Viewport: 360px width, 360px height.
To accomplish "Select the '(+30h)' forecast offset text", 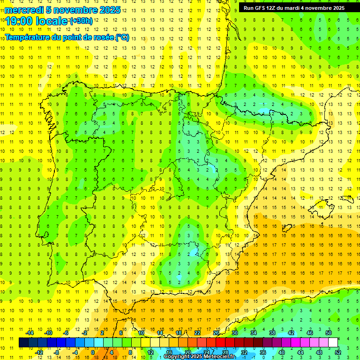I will [81, 21].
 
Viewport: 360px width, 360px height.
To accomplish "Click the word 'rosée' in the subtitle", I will [100, 37].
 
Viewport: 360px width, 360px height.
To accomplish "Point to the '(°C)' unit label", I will [122, 37].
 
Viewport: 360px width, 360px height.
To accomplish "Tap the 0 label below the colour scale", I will [93, 352].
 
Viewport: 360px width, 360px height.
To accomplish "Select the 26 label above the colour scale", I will [216, 333].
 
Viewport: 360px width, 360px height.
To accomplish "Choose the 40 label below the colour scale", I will [282, 352].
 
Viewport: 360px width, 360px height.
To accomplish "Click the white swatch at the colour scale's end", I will [333, 343].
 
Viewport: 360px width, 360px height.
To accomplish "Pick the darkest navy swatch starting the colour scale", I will [23, 343].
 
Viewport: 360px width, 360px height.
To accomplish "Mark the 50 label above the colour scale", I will [329, 333].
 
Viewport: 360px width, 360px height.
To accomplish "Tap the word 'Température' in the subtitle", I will [29, 37].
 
